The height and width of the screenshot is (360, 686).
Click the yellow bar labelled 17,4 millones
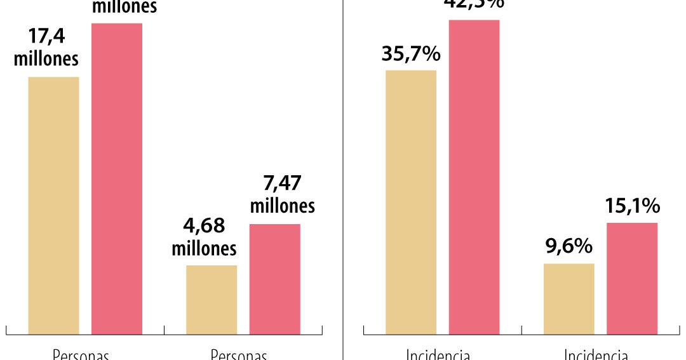[x=53, y=205]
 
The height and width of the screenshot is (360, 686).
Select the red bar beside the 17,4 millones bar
[x=117, y=178]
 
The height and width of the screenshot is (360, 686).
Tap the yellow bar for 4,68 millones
[x=212, y=299]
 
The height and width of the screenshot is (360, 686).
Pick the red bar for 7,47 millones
[x=274, y=279]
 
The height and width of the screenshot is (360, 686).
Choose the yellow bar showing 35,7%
[x=411, y=202]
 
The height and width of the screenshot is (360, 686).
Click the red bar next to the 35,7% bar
[x=474, y=177]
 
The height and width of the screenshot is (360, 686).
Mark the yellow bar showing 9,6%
[x=569, y=298]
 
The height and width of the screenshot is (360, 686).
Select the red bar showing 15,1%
[x=632, y=278]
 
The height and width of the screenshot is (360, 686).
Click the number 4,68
[x=204, y=226]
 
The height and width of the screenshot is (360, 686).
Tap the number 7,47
[x=282, y=183]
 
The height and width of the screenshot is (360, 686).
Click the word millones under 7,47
[x=282, y=206]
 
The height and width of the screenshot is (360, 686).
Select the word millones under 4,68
[x=204, y=248]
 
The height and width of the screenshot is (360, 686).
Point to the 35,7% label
[x=411, y=54]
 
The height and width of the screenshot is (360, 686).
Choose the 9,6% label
[x=569, y=246]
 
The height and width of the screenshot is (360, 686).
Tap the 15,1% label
[x=632, y=206]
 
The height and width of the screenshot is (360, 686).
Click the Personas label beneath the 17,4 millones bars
[x=81, y=354]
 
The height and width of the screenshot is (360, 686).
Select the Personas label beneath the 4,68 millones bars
[x=239, y=354]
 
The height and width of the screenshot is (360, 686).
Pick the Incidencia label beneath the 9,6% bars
[x=596, y=354]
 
